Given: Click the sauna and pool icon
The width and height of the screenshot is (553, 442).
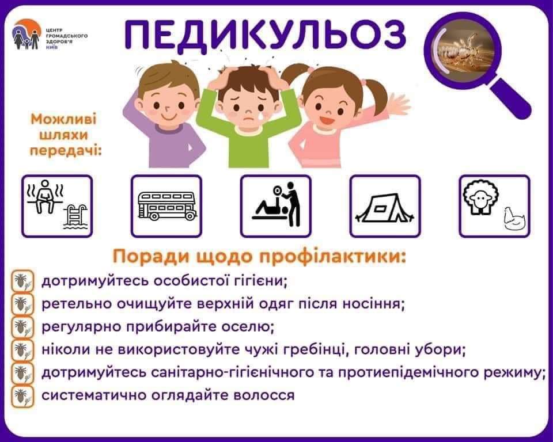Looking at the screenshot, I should (x=57, y=206).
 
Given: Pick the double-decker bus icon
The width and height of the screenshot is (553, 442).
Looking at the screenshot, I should (x=166, y=206).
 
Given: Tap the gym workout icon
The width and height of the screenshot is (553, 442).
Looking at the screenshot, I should (x=276, y=206).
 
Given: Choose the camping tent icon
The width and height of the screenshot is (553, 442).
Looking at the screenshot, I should (x=385, y=206).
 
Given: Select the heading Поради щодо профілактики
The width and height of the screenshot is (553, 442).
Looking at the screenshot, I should (x=259, y=256).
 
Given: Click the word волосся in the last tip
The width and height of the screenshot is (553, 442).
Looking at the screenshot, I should (x=266, y=395).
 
